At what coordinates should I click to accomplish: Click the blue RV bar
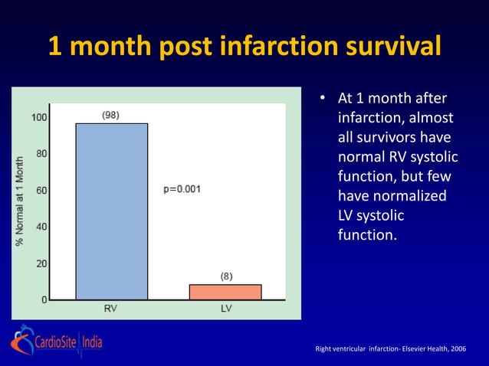[111, 211]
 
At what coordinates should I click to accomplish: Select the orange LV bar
[225, 292]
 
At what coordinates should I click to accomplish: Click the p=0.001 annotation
[182, 190]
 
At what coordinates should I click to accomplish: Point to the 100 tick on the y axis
[38, 118]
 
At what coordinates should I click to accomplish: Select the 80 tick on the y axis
[41, 153]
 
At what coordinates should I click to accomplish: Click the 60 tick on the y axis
[41, 190]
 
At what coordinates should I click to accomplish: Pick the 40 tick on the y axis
[41, 227]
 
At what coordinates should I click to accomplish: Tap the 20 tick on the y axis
[41, 263]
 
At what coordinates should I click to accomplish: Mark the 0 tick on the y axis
[44, 299]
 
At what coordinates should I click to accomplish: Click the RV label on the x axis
[110, 309]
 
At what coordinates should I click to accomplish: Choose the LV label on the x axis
[225, 309]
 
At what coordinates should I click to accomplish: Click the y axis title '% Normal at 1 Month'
[18, 202]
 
